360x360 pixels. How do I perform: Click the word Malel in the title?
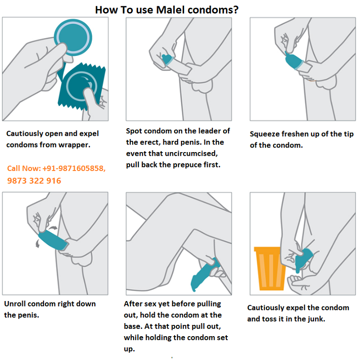pyautogui.click(x=171, y=10)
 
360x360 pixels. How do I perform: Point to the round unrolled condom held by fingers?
pyautogui.click(x=73, y=37)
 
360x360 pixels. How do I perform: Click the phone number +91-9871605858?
pyautogui.click(x=74, y=168)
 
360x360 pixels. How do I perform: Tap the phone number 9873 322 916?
pyautogui.click(x=34, y=181)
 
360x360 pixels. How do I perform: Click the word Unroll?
pyautogui.click(x=15, y=304)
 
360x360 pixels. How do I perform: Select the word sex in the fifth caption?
pyautogui.click(x=149, y=304)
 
